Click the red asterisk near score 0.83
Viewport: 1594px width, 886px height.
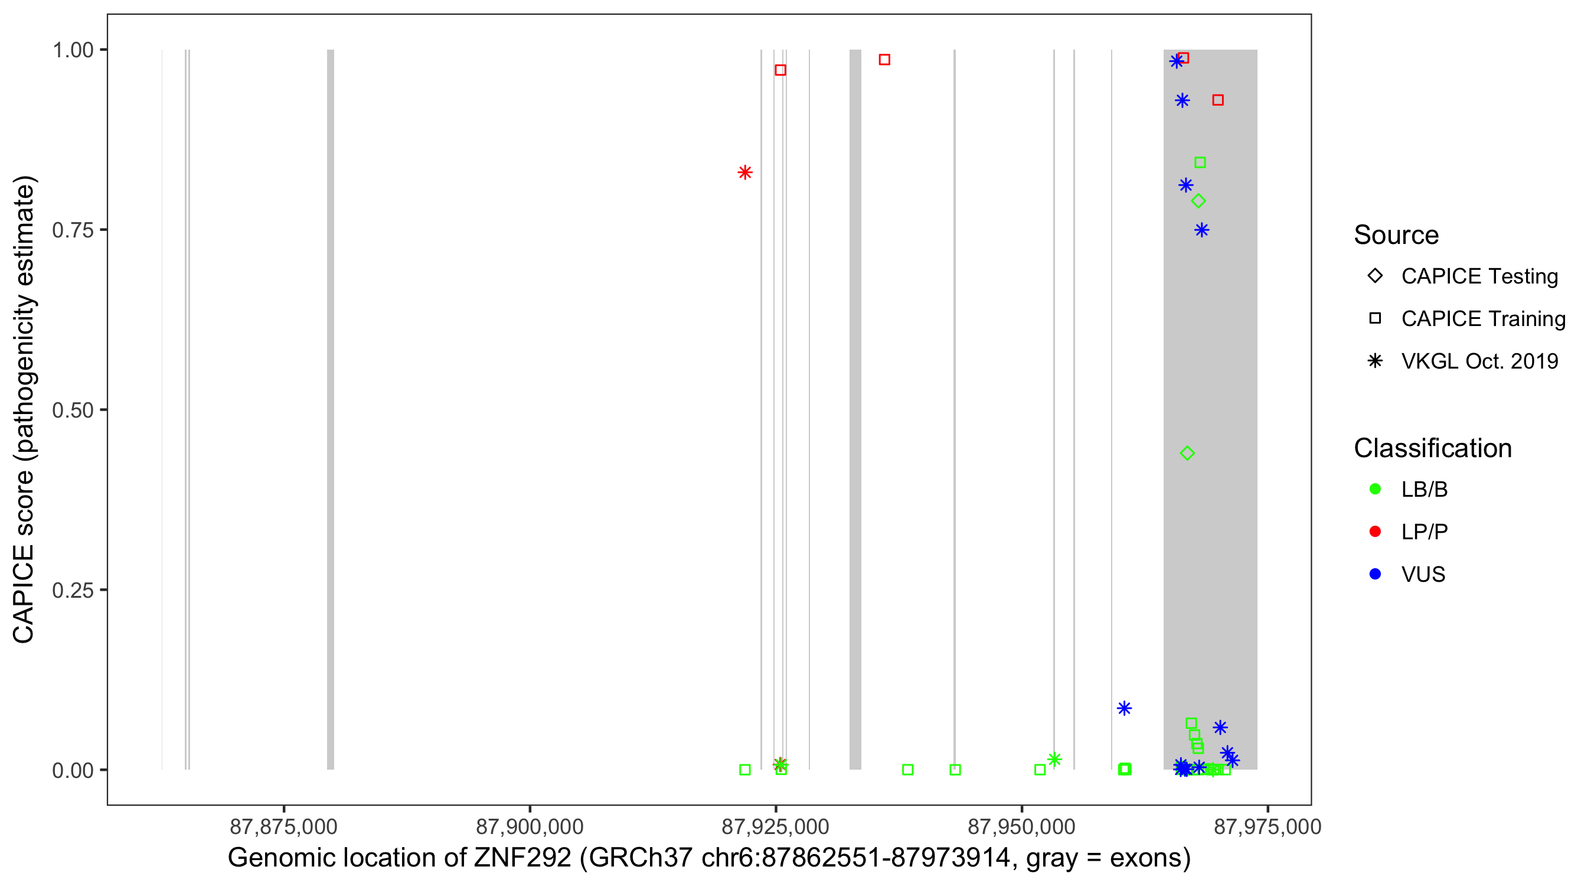click(x=745, y=172)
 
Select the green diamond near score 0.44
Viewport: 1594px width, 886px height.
click(x=1187, y=453)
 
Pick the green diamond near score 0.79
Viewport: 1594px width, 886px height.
click(x=1198, y=201)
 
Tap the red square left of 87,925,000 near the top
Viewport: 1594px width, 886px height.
click(x=780, y=70)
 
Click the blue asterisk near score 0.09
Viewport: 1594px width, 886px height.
click(x=1124, y=708)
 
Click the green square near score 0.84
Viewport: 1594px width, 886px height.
click(x=1200, y=162)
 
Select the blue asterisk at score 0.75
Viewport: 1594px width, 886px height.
click(x=1201, y=230)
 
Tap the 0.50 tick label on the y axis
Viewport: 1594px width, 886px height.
click(x=72, y=410)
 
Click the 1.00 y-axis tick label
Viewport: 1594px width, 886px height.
click(x=72, y=50)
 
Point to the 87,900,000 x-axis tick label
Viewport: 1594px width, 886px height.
click(x=530, y=826)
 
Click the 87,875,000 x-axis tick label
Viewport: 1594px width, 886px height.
click(x=283, y=826)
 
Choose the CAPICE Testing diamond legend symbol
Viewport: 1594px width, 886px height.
click(x=1375, y=275)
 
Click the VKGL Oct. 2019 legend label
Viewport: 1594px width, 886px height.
click(x=1479, y=361)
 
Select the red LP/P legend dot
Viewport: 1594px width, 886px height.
click(x=1375, y=532)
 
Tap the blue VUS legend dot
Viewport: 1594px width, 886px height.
click(x=1375, y=574)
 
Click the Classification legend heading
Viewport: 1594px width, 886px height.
click(x=1432, y=448)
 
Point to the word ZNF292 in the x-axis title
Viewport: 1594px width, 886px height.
click(x=523, y=858)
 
